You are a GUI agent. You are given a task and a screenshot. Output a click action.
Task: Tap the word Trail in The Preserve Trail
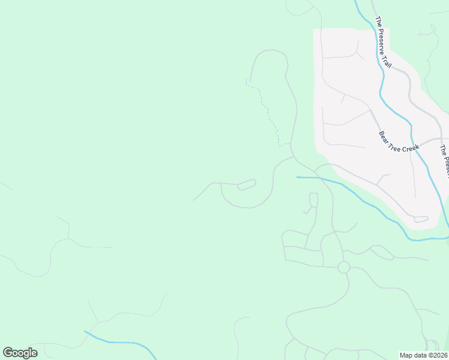[x=387, y=60]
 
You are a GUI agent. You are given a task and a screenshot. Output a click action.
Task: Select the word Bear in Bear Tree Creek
[x=384, y=136]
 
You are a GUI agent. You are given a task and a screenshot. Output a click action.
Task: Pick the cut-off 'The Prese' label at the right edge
[x=444, y=161]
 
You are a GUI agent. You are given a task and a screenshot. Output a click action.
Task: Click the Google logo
[x=20, y=353]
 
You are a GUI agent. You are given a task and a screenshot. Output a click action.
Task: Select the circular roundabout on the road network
[x=343, y=268]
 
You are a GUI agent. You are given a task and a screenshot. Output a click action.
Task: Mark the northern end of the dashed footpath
[x=246, y=80]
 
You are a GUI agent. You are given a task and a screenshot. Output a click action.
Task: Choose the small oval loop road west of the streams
[x=247, y=184]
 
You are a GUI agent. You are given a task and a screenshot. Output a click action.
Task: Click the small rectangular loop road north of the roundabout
[x=313, y=200]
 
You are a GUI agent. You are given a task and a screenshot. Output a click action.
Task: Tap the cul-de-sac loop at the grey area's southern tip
[x=421, y=220]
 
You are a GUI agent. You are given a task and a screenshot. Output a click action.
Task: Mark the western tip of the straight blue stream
[x=297, y=177]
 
